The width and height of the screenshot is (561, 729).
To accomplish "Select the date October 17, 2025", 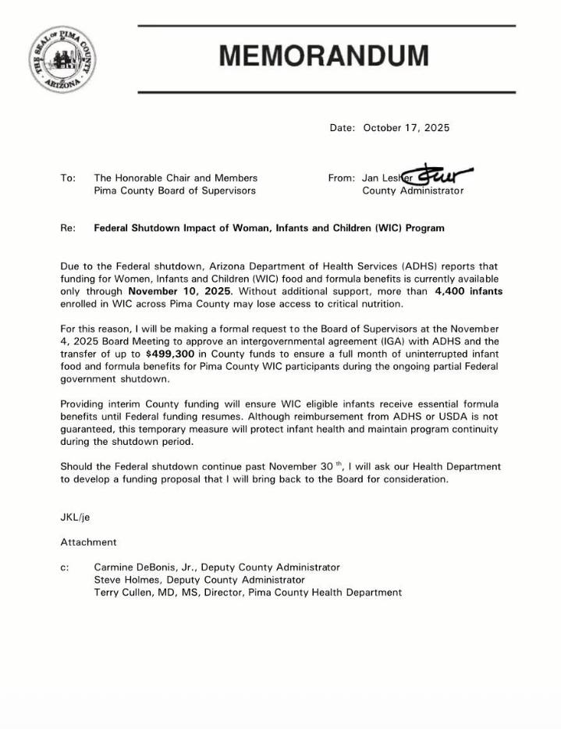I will point(406,128).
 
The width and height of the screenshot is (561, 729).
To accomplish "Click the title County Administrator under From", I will point(413,190).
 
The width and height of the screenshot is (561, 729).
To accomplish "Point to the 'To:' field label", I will point(68,178).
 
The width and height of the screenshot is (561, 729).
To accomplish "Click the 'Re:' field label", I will point(68,229).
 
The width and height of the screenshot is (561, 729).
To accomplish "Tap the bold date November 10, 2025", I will point(179,291).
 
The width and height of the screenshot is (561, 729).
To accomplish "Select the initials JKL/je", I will point(76,517).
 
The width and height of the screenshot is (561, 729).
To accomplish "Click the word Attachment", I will point(88,542).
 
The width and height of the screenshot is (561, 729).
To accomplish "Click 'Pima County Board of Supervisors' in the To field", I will point(175,190).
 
